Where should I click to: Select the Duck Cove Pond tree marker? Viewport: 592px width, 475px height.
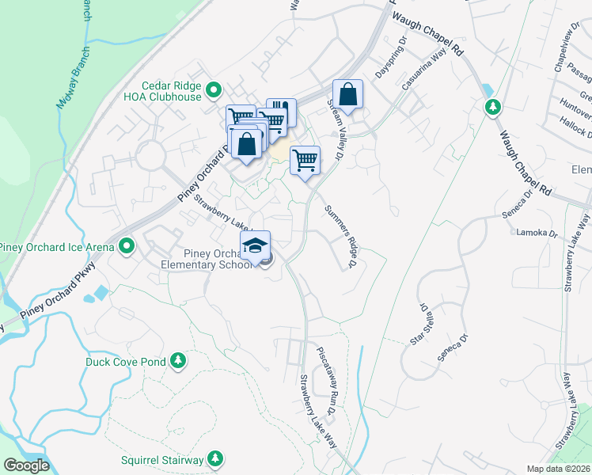[x=179, y=362]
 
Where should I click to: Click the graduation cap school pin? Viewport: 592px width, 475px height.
[x=255, y=246]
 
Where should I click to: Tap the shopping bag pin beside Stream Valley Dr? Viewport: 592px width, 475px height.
[x=347, y=95]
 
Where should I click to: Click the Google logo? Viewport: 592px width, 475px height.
[x=26, y=465]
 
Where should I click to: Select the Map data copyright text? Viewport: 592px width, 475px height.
[x=559, y=469]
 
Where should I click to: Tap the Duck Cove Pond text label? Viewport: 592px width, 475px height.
[x=126, y=362]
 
